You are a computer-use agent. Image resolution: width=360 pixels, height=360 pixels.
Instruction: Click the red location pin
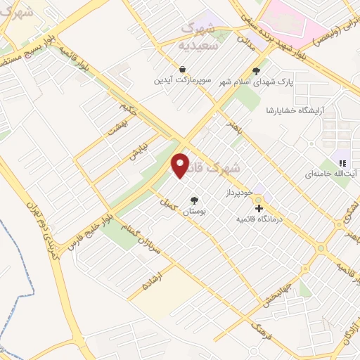181,165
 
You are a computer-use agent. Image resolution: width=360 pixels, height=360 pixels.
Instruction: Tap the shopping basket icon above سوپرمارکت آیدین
183,70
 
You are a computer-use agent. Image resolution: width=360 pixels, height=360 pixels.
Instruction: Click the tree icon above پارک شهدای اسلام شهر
255,71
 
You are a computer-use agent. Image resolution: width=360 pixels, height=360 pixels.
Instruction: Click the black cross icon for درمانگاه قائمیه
259,209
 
